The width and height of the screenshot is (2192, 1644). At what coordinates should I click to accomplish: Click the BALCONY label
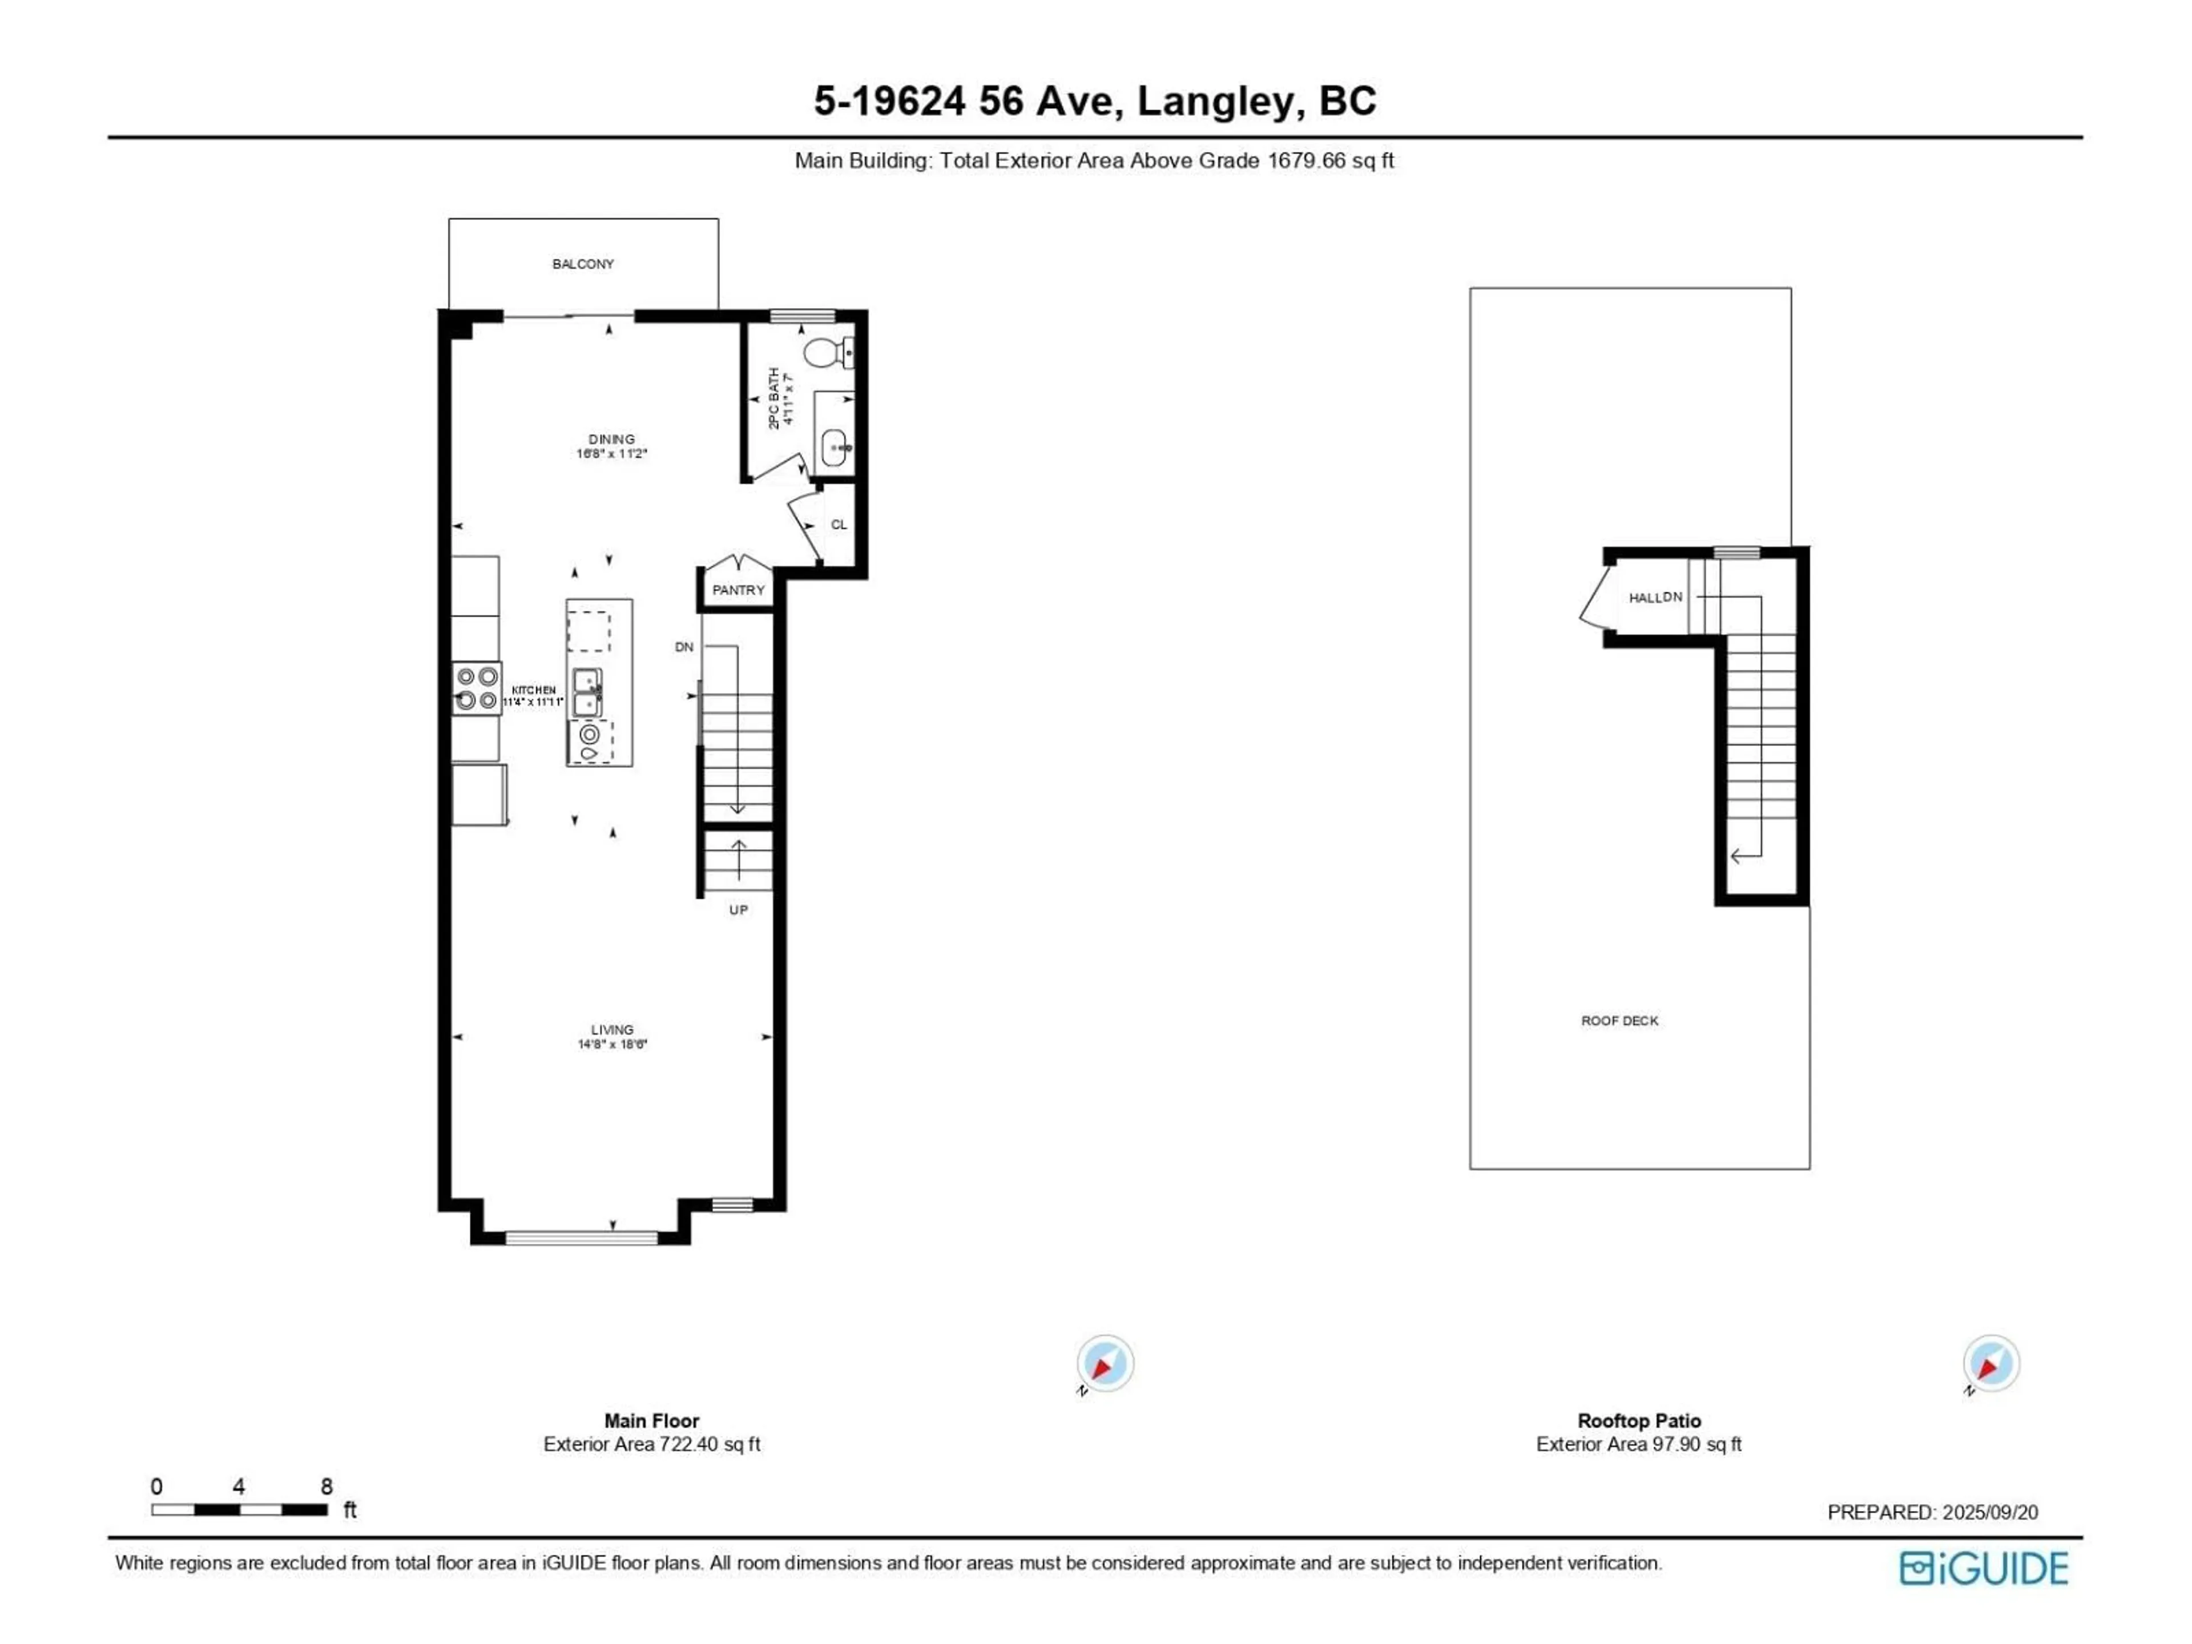[x=583, y=264]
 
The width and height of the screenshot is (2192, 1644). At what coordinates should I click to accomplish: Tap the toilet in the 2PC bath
[x=825, y=352]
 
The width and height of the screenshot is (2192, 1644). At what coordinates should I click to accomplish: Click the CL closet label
[x=839, y=524]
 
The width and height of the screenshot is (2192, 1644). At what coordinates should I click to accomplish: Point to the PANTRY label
[x=738, y=590]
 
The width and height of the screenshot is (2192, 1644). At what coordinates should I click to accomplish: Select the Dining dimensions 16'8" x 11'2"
[x=611, y=454]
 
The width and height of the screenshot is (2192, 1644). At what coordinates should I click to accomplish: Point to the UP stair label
[x=738, y=910]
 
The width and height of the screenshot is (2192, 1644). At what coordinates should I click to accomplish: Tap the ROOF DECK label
[x=1619, y=1021]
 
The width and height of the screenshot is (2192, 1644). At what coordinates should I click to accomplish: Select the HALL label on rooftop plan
[x=1645, y=598]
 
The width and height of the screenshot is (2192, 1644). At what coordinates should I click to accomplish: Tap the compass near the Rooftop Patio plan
[x=1991, y=1364]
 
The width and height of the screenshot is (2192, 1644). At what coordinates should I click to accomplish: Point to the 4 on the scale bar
[x=239, y=1486]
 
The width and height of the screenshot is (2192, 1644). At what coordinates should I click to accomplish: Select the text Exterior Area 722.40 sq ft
[x=651, y=1445]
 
